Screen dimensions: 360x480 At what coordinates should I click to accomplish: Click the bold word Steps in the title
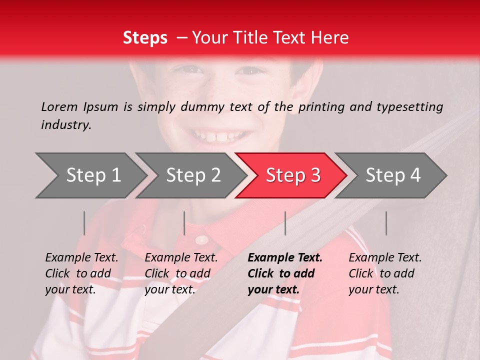pyautogui.click(x=145, y=38)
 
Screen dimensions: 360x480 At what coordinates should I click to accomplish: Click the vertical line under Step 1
pyautogui.click(x=84, y=223)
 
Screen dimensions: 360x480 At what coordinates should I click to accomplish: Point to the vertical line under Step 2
pyautogui.click(x=184, y=223)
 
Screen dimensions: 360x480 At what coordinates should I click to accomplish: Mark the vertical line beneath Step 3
pyautogui.click(x=285, y=223)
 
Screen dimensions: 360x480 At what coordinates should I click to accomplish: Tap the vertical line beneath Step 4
pyautogui.click(x=386, y=223)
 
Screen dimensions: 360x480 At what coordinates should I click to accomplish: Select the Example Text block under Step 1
pyautogui.click(x=81, y=273)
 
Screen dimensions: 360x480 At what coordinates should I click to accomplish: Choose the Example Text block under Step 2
pyautogui.click(x=181, y=273)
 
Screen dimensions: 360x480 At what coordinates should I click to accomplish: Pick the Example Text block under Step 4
pyautogui.click(x=384, y=273)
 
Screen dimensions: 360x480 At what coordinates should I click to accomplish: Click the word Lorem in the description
pyautogui.click(x=59, y=106)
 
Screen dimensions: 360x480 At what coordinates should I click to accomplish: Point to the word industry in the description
pyautogui.click(x=66, y=124)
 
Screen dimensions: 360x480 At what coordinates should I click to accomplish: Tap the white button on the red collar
pyautogui.click(x=202, y=240)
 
